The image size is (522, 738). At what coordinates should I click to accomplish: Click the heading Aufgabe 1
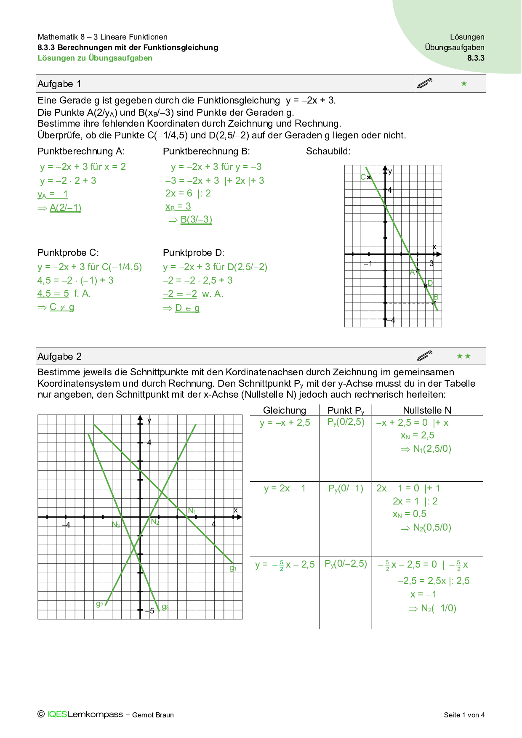(59, 84)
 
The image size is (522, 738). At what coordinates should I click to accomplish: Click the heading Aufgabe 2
(59, 357)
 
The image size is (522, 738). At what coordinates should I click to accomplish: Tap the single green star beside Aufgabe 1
(464, 84)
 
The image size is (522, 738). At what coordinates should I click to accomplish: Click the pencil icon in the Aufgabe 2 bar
(424, 356)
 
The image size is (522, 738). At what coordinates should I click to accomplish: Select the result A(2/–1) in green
(65, 208)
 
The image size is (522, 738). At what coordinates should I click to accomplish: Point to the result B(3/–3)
(196, 220)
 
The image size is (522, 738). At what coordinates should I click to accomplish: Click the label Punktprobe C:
(68, 253)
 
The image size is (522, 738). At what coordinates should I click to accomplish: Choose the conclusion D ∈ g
(187, 308)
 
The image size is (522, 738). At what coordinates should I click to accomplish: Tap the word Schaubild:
(328, 151)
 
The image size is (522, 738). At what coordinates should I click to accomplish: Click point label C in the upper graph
(363, 177)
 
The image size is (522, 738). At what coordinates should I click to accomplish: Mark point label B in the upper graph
(436, 297)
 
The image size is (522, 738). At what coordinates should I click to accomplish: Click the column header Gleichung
(285, 411)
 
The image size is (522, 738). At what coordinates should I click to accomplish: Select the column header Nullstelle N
(427, 411)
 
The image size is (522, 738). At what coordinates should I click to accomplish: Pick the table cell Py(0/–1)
(346, 488)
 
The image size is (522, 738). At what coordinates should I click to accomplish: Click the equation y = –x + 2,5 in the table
(285, 423)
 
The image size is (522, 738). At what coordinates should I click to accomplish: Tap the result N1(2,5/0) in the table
(432, 449)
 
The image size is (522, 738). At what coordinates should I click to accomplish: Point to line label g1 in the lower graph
(233, 568)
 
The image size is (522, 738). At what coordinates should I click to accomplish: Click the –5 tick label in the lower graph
(150, 611)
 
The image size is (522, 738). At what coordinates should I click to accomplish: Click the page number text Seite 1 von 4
(464, 715)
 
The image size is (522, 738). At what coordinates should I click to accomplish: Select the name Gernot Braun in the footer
(153, 715)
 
